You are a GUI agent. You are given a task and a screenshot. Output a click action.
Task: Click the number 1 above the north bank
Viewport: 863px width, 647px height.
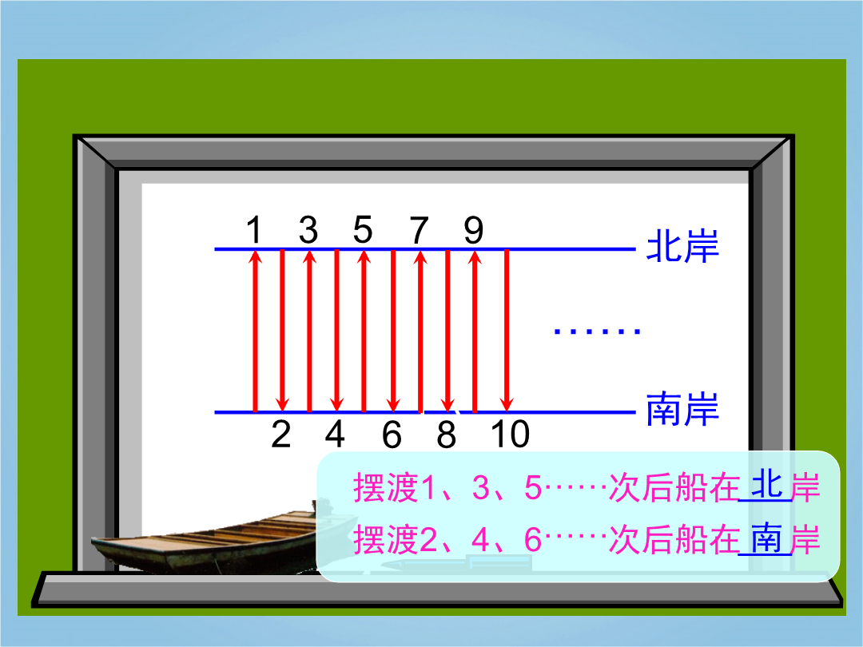tap(254, 229)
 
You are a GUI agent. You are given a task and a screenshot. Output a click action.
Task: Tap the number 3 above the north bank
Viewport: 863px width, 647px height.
tap(308, 229)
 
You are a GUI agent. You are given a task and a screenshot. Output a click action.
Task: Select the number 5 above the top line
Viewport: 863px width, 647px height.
tap(363, 229)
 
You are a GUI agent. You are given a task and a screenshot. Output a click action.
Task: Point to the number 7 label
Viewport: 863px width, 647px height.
tap(420, 230)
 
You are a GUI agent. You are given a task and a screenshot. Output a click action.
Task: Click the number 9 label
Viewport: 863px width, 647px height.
tap(473, 230)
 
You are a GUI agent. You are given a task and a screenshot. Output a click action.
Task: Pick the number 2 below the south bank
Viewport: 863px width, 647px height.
tap(281, 435)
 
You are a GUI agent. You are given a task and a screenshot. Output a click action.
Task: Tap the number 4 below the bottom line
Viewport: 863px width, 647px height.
tap(335, 435)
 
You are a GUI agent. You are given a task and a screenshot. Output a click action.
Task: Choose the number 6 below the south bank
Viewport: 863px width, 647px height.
tap(392, 435)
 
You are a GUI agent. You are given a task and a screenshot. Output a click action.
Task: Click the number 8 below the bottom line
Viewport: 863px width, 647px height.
tap(447, 435)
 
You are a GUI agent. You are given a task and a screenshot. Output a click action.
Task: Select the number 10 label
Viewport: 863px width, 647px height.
tap(510, 435)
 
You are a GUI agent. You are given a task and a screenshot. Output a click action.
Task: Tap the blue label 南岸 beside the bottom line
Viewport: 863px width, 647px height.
tap(682, 409)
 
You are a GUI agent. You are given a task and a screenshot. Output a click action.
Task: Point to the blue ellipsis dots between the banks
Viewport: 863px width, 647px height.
tap(597, 331)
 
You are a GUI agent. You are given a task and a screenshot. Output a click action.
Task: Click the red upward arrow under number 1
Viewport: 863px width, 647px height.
tap(255, 331)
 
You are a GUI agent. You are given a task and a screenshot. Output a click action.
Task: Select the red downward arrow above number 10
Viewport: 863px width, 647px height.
tap(507, 331)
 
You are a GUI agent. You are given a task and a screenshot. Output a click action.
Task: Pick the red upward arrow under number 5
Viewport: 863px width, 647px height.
tap(364, 331)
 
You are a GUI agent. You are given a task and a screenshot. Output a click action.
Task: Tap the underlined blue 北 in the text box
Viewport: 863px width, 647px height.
tap(767, 485)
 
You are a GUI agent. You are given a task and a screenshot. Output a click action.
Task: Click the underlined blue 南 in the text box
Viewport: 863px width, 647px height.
tap(766, 538)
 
